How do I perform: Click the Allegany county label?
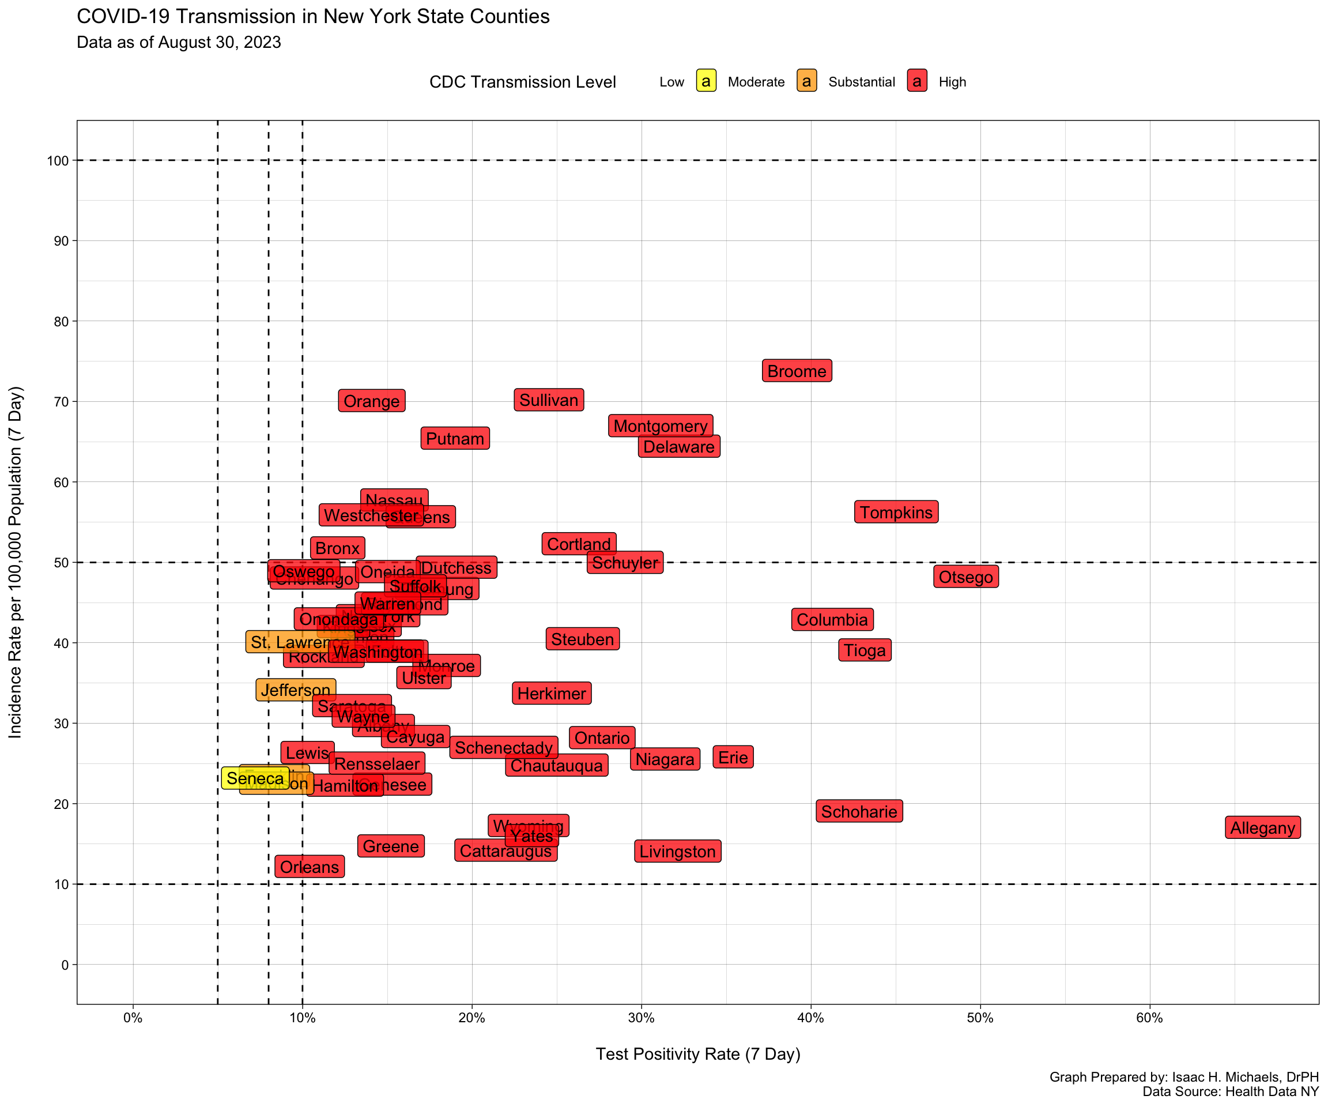point(1262,827)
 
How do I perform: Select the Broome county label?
point(797,371)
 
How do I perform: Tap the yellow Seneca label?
point(255,778)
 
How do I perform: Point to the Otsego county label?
point(965,577)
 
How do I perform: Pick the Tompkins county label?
point(896,512)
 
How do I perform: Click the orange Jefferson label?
point(295,690)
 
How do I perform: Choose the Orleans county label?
point(310,866)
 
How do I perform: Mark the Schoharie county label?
point(859,811)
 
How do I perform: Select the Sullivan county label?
point(549,400)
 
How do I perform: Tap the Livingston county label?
point(677,852)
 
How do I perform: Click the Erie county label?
point(733,756)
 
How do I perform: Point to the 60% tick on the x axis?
point(1149,1018)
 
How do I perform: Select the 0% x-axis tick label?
point(133,1018)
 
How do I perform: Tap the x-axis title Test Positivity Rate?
point(697,1054)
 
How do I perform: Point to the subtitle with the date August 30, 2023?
point(179,43)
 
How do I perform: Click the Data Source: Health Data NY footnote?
point(1230,1091)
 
